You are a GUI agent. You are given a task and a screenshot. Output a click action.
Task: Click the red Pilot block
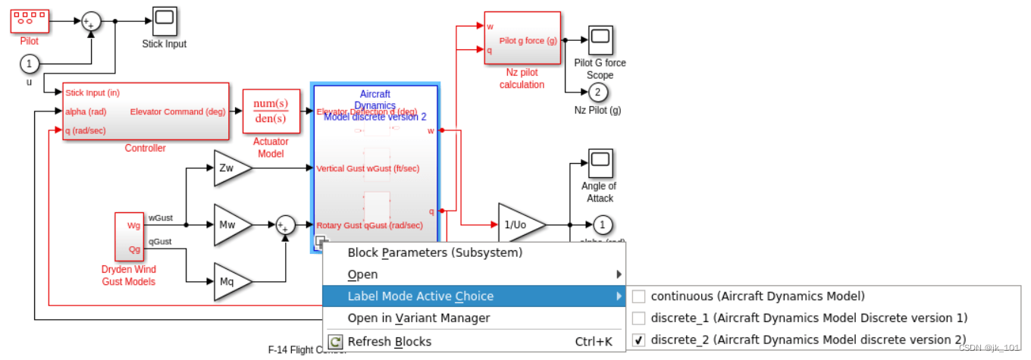(30, 21)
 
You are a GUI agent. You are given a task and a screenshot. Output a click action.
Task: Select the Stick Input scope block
(165, 21)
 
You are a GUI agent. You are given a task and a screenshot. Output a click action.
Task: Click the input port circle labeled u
(30, 63)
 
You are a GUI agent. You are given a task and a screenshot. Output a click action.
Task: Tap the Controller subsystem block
(146, 111)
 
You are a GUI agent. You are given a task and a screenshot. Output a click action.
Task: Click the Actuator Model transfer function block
(271, 111)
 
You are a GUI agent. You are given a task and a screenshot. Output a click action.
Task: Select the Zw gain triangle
(228, 168)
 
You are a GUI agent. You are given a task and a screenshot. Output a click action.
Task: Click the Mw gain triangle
(228, 225)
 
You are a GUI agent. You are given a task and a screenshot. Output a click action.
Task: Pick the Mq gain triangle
(228, 282)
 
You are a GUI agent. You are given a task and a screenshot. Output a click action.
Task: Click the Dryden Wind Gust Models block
(129, 236)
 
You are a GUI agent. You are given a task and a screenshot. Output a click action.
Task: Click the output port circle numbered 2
(597, 92)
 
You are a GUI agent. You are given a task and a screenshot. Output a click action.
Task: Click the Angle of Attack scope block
(600, 163)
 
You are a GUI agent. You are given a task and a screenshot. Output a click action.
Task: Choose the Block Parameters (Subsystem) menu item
(434, 253)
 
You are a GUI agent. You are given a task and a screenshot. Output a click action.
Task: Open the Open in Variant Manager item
(418, 318)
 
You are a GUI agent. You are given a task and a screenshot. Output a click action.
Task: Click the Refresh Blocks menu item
(389, 341)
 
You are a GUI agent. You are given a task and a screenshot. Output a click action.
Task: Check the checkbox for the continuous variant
(638, 296)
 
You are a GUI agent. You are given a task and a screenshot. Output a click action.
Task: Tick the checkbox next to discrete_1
(638, 318)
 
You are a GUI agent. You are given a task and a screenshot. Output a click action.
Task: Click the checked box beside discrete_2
(638, 340)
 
